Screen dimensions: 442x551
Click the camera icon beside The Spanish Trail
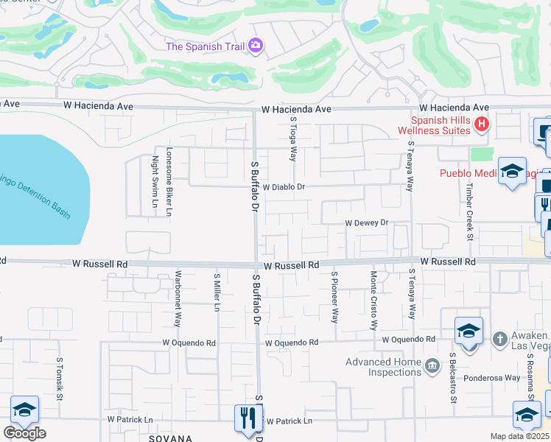256,46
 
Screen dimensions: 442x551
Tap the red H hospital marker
481,124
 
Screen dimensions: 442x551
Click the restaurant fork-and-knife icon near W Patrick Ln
245,418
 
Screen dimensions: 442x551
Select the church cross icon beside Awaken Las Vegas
499,339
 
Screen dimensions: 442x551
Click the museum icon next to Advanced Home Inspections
432,363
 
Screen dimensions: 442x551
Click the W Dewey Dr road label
366,222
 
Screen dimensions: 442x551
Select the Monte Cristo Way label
373,301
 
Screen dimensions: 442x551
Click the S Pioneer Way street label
334,297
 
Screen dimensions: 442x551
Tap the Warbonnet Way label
178,300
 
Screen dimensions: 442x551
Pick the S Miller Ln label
217,292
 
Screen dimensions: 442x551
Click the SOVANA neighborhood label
170,438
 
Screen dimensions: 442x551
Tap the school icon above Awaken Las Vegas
468,331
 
